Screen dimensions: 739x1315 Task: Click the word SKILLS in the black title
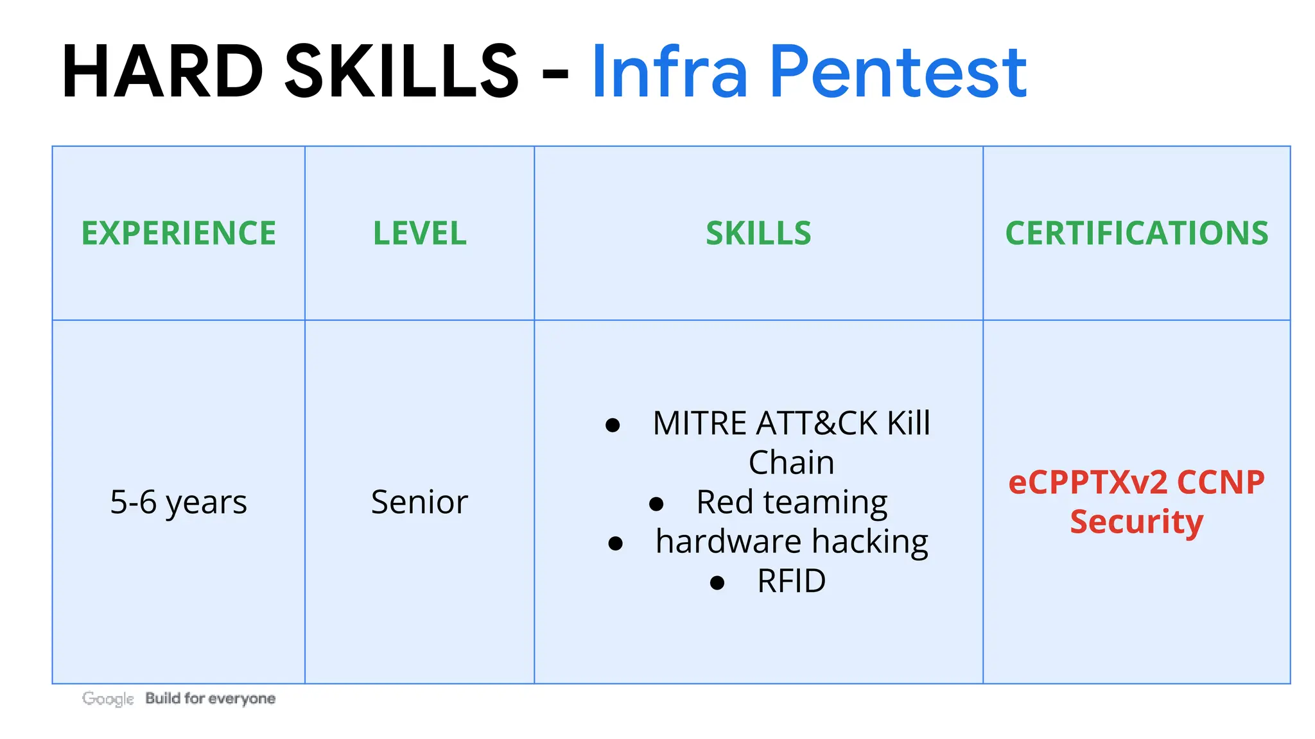pyautogui.click(x=401, y=72)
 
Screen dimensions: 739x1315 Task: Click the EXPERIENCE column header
pyautogui.click(x=179, y=233)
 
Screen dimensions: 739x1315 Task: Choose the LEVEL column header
pyautogui.click(x=419, y=233)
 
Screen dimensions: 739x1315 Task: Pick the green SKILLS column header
pyautogui.click(x=758, y=233)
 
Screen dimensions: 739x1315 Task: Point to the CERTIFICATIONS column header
pyautogui.click(x=1136, y=233)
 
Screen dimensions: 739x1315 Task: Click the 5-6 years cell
pyautogui.click(x=179, y=502)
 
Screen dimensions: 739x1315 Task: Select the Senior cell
pyautogui.click(x=419, y=502)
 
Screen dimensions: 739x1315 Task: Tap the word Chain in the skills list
pyautogui.click(x=791, y=463)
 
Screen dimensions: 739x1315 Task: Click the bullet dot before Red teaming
pyautogui.click(x=656, y=504)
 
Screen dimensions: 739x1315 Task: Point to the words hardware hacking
pyautogui.click(x=792, y=541)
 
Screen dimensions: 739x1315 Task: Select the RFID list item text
pyautogui.click(x=791, y=581)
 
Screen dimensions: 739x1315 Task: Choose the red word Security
pyautogui.click(x=1136, y=522)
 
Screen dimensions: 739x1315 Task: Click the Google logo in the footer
pyautogui.click(x=108, y=699)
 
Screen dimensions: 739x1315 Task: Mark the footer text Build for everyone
pyautogui.click(x=210, y=698)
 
